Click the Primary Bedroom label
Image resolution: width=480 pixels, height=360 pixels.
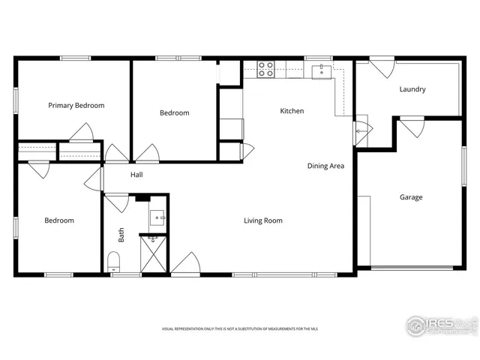[x=76, y=106]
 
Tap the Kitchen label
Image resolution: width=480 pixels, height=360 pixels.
[x=292, y=111]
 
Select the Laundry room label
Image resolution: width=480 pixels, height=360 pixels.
[x=412, y=89]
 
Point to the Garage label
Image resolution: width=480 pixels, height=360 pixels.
[x=410, y=197]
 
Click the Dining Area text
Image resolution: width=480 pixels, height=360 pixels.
[x=325, y=166]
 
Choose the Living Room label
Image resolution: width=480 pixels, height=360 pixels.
[x=262, y=220]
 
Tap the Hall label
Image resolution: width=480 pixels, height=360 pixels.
[x=136, y=175]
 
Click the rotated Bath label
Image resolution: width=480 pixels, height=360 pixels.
[x=121, y=235]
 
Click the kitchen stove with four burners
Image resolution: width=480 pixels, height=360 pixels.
[x=265, y=69]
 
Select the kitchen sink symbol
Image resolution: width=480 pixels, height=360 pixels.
[x=322, y=71]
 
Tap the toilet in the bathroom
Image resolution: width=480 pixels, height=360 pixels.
[x=114, y=262]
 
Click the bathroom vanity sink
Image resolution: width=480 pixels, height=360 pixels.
[x=157, y=218]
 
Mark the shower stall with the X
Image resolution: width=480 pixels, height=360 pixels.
[x=154, y=253]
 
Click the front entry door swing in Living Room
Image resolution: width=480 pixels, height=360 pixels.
[x=185, y=264]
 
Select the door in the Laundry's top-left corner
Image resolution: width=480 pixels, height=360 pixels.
[x=382, y=68]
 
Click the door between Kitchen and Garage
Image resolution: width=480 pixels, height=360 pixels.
[x=361, y=130]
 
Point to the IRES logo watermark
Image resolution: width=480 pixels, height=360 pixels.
[x=441, y=325]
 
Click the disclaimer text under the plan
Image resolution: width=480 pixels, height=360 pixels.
[x=239, y=329]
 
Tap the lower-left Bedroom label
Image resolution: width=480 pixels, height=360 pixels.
[x=58, y=220]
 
